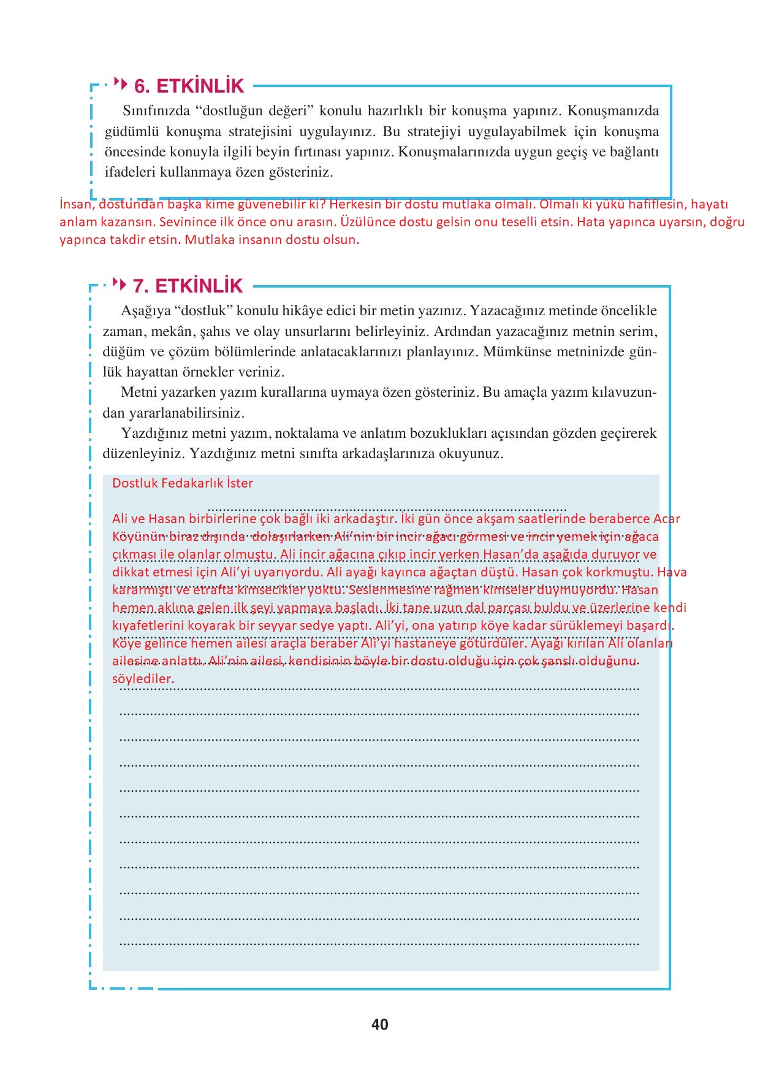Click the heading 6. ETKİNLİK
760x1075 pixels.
(x=189, y=86)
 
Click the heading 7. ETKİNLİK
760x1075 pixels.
(x=188, y=286)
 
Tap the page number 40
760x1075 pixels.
(x=379, y=1024)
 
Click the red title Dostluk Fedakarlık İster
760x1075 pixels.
(x=183, y=483)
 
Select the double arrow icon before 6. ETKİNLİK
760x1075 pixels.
(x=121, y=83)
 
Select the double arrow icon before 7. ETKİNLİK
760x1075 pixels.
(x=121, y=284)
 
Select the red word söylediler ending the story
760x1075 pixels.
(x=143, y=679)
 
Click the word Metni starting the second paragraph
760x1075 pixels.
(x=138, y=392)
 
